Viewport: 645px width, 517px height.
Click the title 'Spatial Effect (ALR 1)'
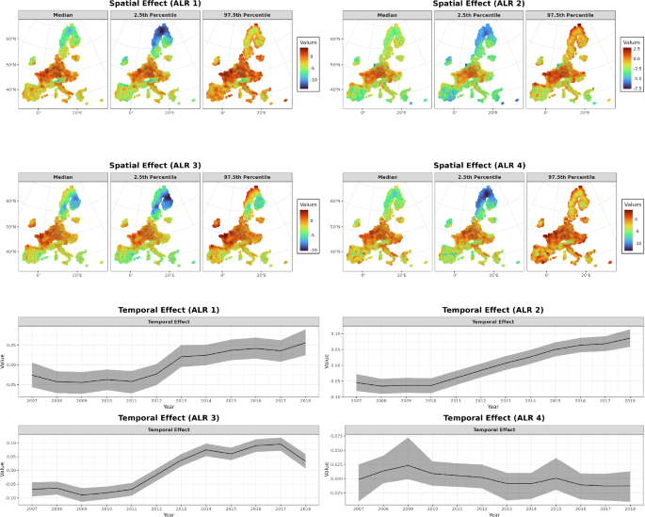[x=155, y=4]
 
